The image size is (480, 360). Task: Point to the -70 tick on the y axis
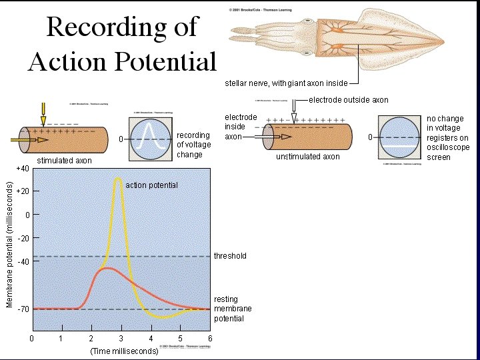tap(23, 309)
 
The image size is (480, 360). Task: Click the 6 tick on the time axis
tap(210, 339)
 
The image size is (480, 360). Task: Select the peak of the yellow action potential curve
tap(118, 178)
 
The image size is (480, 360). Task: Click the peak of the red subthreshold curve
tap(106, 268)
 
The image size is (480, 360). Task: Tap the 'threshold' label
tap(230, 256)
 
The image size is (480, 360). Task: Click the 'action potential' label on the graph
tap(151, 185)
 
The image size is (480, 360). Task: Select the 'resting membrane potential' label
tap(229, 309)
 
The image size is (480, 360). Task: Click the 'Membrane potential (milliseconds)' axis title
tap(9, 244)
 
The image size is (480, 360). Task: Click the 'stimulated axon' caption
tap(64, 161)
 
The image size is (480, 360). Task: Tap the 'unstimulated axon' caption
tap(307, 157)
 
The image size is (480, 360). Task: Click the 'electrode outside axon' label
tap(348, 100)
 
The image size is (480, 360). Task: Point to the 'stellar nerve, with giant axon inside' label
tap(286, 84)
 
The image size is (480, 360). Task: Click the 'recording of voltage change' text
tap(193, 145)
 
